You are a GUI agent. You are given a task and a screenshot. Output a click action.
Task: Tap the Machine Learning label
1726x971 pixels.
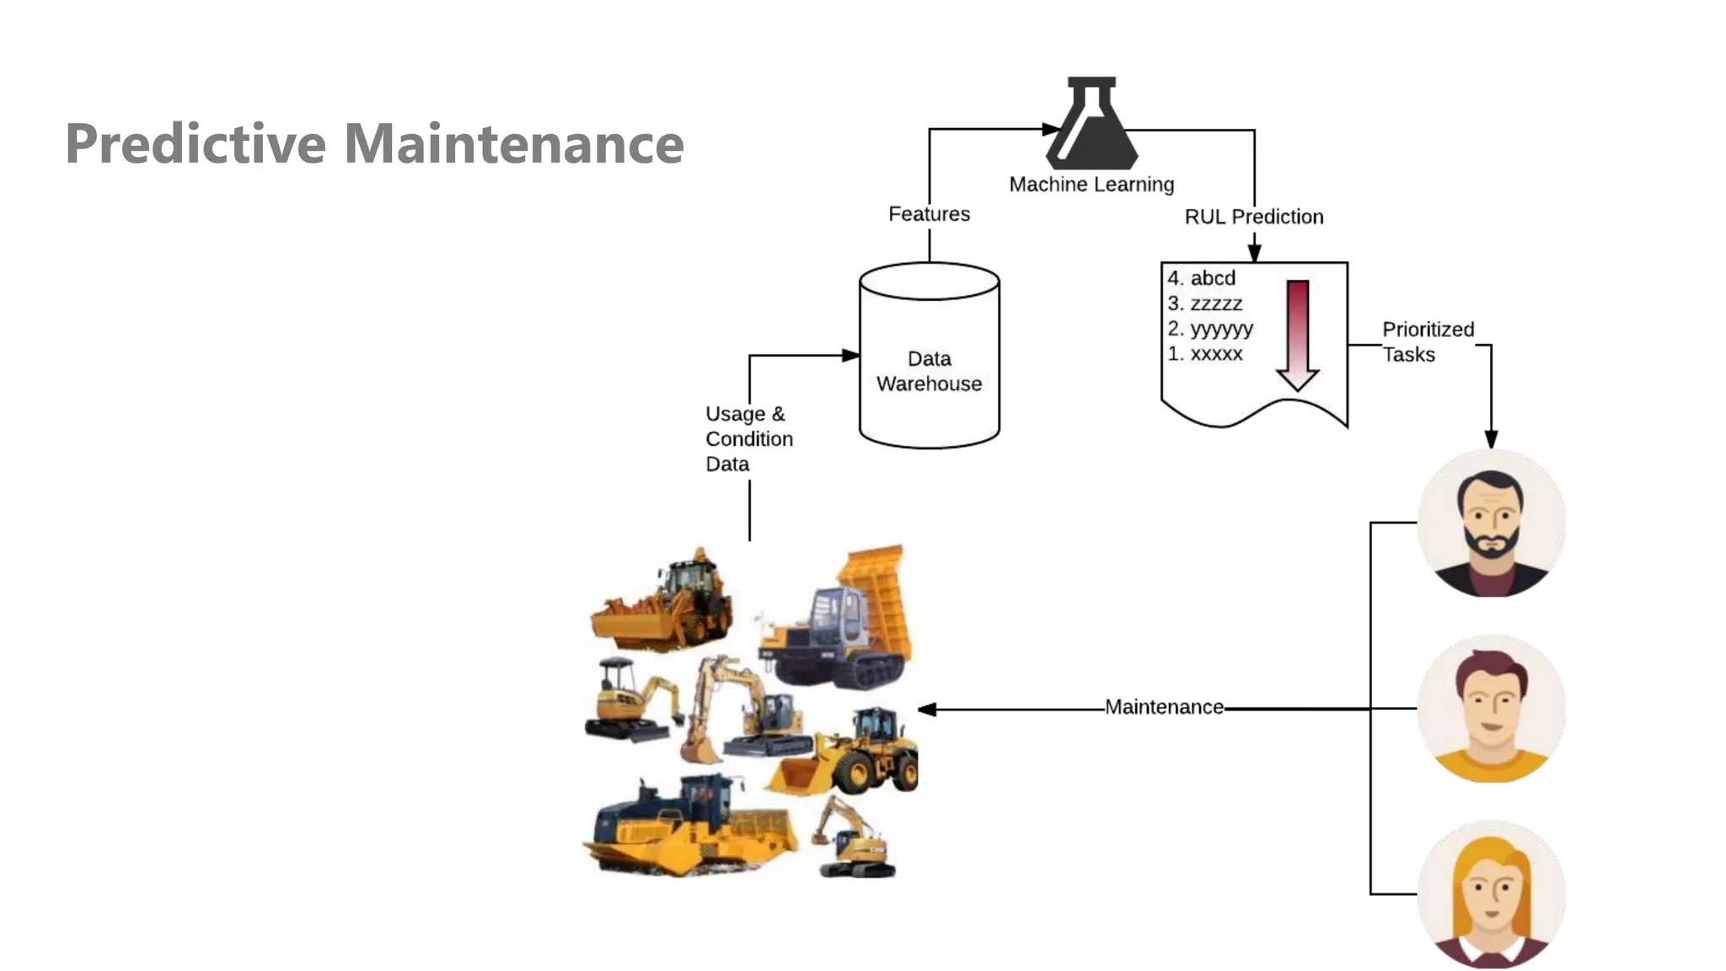click(x=1091, y=185)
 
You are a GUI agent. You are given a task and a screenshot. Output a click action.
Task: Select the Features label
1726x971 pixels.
click(x=929, y=214)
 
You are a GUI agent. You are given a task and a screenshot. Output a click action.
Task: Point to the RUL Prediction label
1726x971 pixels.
click(x=1253, y=217)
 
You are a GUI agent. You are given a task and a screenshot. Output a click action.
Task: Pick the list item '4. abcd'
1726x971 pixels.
click(x=1201, y=278)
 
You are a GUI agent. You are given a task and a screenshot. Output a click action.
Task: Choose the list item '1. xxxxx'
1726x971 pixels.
click(x=1204, y=354)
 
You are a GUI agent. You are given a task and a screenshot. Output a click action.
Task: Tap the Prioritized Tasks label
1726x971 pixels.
click(x=1427, y=341)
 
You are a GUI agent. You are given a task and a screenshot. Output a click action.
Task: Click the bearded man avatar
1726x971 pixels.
click(x=1491, y=523)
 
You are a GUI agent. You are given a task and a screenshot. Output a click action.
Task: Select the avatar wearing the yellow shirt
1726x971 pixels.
click(x=1491, y=709)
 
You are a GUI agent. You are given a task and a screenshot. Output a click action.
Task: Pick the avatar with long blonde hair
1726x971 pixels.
click(x=1491, y=894)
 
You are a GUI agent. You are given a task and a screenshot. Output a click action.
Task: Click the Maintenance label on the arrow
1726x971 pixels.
click(x=1164, y=707)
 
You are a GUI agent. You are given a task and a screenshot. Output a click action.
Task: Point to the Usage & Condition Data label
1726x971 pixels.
click(x=748, y=439)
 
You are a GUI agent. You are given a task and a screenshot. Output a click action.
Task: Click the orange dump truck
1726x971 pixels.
click(x=843, y=620)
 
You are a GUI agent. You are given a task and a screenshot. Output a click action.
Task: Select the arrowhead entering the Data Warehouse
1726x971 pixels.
click(x=850, y=356)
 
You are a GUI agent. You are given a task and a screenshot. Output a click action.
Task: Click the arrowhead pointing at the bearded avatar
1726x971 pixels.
click(x=1491, y=439)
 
